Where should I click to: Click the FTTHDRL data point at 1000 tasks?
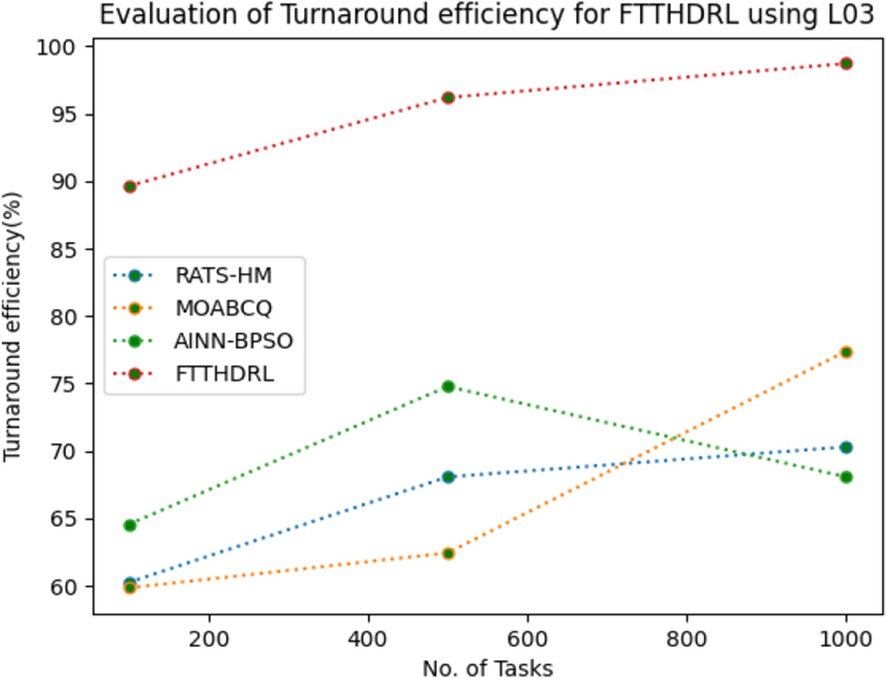click(846, 63)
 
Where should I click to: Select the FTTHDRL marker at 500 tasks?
click(448, 98)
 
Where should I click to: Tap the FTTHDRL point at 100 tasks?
click(130, 186)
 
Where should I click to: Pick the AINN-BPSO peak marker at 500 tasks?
click(448, 386)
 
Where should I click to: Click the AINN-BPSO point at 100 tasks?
click(130, 525)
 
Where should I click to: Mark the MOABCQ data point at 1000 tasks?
click(846, 351)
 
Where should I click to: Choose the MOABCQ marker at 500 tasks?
click(448, 553)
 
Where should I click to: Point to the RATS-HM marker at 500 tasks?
click(448, 476)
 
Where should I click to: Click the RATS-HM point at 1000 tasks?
click(846, 447)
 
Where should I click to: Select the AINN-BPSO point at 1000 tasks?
click(846, 477)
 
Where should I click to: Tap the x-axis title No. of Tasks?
click(487, 668)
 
